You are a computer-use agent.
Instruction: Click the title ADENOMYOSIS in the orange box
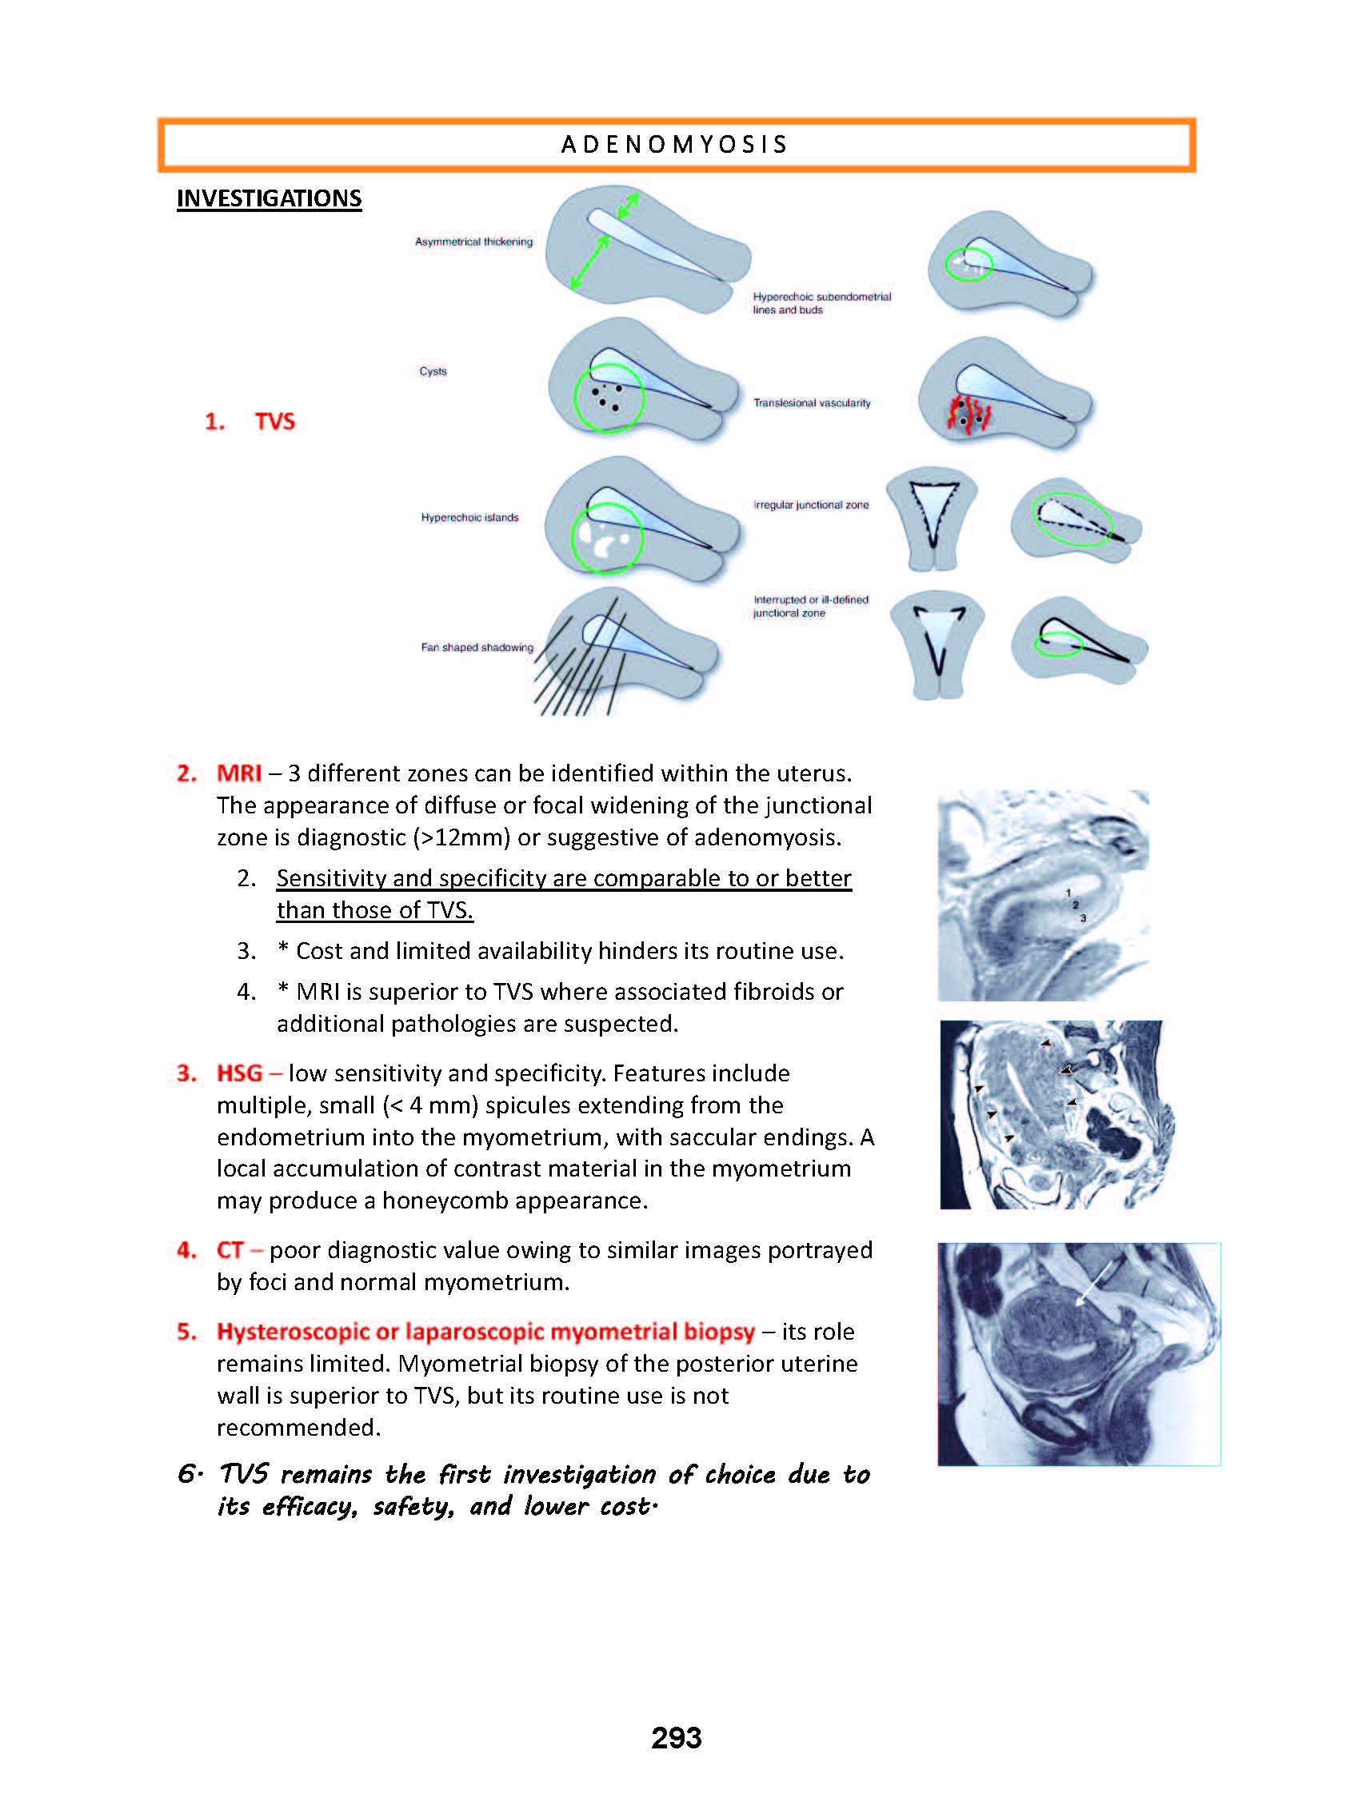pos(674,145)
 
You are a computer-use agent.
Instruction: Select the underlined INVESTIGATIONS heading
pos(269,198)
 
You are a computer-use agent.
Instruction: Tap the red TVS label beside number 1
pos(274,421)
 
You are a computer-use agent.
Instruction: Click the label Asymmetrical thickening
pos(473,242)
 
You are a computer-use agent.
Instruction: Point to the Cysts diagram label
pos(433,371)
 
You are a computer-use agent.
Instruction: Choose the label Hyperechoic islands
pos(469,517)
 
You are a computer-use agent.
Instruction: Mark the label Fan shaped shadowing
pos(477,647)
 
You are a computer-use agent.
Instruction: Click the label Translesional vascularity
pos(812,403)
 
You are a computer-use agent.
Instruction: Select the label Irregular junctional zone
pos(811,505)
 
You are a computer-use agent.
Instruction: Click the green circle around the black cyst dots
pos(609,397)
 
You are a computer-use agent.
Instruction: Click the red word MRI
pos(239,773)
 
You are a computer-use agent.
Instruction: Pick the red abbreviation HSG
pos(239,1073)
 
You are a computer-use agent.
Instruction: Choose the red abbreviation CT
pos(230,1250)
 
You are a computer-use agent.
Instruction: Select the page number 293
pos(676,1737)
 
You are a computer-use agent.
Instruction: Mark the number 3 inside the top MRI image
pos(1083,917)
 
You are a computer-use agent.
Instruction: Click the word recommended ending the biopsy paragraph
pos(298,1428)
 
